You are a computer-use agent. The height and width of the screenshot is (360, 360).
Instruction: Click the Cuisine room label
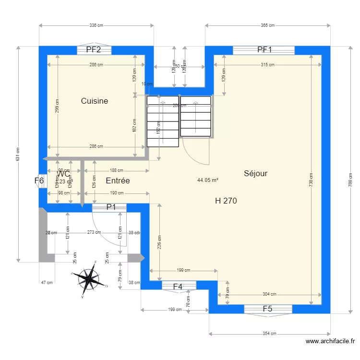coord(94,101)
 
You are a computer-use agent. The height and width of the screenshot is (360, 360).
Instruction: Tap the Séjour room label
coord(255,174)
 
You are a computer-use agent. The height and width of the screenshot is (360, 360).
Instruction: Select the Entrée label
coord(118,181)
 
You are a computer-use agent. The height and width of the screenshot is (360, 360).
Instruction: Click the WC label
coord(63,174)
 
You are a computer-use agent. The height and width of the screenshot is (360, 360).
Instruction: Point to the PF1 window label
coord(264,49)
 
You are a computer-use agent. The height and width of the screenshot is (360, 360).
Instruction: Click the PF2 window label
coord(93,49)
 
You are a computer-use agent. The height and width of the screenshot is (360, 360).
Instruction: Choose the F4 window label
coord(178,287)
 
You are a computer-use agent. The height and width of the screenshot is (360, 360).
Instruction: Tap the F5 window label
coord(267,309)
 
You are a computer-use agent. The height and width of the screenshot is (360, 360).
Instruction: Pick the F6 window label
coord(39,181)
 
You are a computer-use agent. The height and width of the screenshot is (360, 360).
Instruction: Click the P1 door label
coord(111,207)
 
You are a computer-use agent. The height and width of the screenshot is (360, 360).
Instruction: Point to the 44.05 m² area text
coord(208,180)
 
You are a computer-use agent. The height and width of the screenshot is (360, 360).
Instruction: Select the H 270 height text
coord(226,201)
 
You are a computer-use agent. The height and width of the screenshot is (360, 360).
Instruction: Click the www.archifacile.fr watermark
coord(330,342)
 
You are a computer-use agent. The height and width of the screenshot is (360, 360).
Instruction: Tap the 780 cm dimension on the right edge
coord(350,180)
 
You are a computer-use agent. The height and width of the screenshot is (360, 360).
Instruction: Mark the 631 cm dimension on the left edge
coord(18,154)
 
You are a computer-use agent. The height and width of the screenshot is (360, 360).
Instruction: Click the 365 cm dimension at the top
coord(267,25)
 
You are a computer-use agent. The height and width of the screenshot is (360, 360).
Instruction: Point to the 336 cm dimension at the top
coord(96,25)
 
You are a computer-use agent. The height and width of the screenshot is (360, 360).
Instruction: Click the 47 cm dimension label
coord(46,283)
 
